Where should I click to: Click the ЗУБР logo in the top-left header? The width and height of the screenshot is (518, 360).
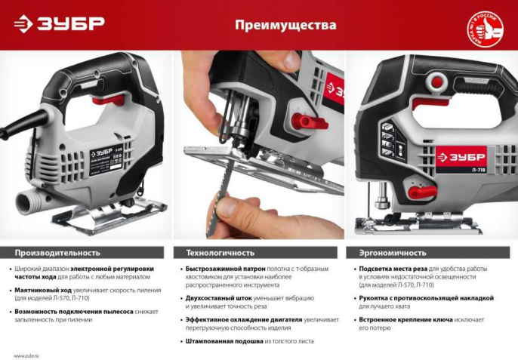58,24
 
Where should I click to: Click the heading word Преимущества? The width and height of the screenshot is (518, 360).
285,25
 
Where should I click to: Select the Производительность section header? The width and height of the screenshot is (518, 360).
57,252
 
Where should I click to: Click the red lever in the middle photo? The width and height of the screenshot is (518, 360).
310,121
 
